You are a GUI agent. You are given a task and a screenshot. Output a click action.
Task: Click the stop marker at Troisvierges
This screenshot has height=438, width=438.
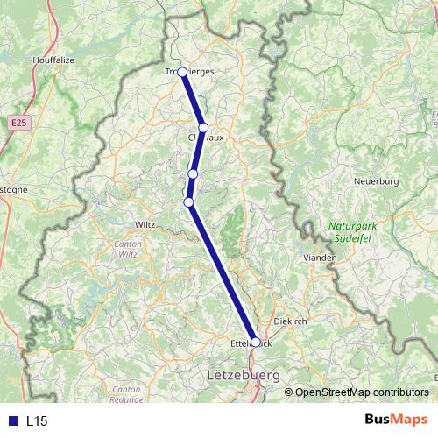click(x=183, y=73)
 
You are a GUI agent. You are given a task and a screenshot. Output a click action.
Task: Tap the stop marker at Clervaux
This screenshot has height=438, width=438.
click(x=203, y=128)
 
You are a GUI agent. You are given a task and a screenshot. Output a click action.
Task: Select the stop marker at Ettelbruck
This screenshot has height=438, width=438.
click(x=256, y=343)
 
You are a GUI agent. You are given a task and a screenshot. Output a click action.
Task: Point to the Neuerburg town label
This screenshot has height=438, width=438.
click(x=376, y=181)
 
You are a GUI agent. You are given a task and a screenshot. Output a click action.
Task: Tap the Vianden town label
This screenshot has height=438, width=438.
click(x=320, y=258)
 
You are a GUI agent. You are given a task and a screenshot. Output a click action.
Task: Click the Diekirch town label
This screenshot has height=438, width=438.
click(x=291, y=321)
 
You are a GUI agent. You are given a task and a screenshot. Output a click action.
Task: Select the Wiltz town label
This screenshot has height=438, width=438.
click(x=145, y=224)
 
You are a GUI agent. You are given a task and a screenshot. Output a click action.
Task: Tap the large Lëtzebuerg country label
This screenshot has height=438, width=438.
click(x=243, y=375)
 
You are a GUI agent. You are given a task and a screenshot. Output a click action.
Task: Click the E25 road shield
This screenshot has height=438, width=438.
click(x=20, y=124)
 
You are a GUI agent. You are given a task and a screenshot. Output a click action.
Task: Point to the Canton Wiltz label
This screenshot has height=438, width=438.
click(x=128, y=248)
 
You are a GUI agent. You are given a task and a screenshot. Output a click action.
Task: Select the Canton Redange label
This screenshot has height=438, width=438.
click(x=126, y=393)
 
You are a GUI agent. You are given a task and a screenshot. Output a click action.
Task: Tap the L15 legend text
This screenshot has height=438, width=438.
click(x=37, y=420)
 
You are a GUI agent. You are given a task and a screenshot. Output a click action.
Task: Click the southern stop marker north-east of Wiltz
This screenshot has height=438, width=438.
click(x=188, y=202)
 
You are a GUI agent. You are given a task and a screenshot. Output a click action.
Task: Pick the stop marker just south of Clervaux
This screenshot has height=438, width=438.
click(x=193, y=173)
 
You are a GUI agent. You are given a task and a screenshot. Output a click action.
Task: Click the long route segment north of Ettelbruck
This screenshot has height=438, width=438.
click(x=223, y=273)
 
